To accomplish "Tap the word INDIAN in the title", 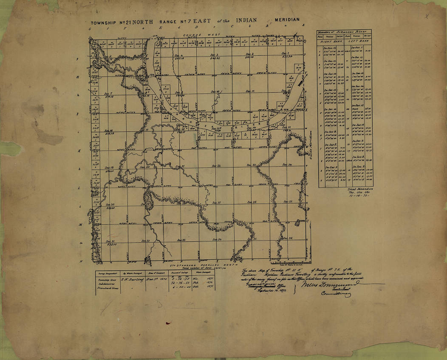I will point(248,20).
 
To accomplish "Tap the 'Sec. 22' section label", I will point(217,165).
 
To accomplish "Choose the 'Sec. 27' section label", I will point(217,203).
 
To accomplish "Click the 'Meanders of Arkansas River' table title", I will point(344,32).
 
